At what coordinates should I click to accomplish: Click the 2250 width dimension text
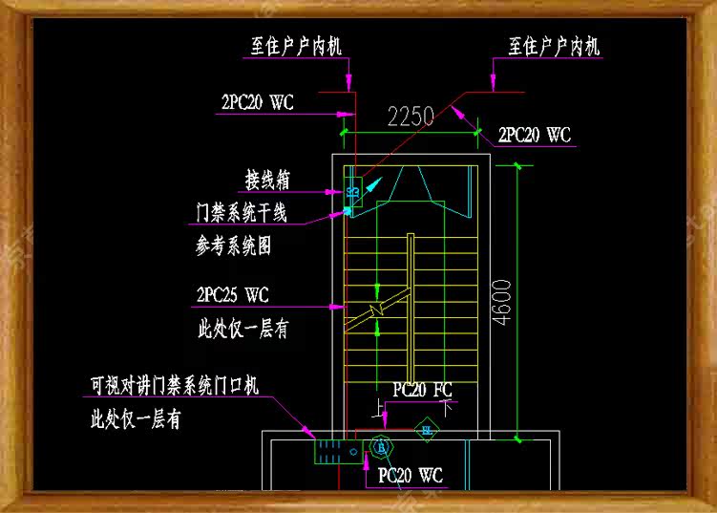click(411, 117)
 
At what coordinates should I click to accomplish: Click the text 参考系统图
click(234, 246)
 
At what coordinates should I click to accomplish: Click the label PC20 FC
click(422, 390)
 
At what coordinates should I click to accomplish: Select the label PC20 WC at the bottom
click(410, 474)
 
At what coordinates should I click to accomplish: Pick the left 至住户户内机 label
click(296, 46)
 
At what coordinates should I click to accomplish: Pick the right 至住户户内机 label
click(554, 46)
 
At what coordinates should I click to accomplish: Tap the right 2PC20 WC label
click(535, 135)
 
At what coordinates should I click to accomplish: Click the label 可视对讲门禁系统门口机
click(174, 386)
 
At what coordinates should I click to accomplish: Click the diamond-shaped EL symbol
click(427, 429)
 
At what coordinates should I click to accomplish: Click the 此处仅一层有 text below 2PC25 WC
click(243, 330)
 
